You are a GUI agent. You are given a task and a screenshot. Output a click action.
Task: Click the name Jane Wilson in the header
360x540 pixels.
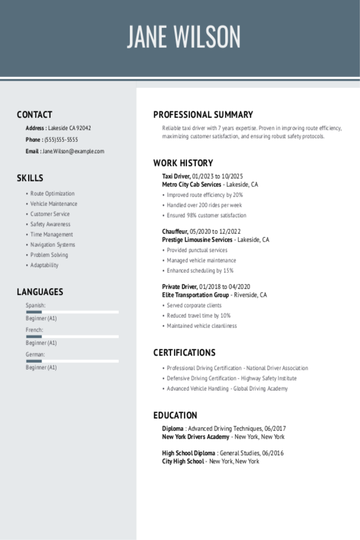pyautogui.click(x=184, y=37)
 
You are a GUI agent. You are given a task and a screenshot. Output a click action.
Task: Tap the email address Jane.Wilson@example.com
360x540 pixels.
pyautogui.click(x=73, y=151)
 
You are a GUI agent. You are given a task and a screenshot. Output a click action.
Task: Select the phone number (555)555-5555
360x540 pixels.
pyautogui.click(x=61, y=140)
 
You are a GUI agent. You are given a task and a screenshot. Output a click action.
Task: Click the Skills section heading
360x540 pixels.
pyautogui.click(x=30, y=178)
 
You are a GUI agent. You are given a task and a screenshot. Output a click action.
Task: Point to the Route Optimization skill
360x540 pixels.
pyautogui.click(x=52, y=194)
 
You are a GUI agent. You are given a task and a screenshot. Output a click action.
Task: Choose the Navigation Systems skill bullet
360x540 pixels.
pyautogui.click(x=53, y=245)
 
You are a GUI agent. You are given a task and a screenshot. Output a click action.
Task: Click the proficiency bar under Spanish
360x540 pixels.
pyautogui.click(x=72, y=312)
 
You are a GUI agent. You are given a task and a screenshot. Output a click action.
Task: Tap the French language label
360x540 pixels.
pyautogui.click(x=34, y=330)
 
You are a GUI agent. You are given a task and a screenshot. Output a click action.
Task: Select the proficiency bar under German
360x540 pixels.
pyautogui.click(x=72, y=361)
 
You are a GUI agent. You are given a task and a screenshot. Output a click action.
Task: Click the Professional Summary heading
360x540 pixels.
pyautogui.click(x=203, y=115)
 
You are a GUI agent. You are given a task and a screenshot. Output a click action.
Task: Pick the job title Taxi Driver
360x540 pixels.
pyautogui.click(x=176, y=176)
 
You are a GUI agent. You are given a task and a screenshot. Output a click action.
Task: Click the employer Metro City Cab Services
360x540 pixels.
pyautogui.click(x=192, y=185)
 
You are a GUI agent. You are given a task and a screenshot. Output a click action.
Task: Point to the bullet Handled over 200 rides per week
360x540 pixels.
pyautogui.click(x=204, y=205)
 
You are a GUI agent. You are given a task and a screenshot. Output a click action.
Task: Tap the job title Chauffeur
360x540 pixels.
pyautogui.click(x=175, y=232)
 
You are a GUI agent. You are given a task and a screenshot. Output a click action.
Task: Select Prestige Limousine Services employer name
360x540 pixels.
pyautogui.click(x=197, y=240)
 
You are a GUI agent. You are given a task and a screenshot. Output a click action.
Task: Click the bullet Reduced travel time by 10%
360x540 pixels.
pyautogui.click(x=199, y=316)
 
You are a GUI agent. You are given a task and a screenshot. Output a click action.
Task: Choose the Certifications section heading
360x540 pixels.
pyautogui.click(x=184, y=353)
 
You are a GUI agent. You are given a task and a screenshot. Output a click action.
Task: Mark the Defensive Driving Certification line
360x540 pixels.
pyautogui.click(x=232, y=378)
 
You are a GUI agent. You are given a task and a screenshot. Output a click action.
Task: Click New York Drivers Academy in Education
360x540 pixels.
pyautogui.click(x=196, y=437)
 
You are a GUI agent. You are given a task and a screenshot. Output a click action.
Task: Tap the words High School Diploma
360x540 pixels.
pyautogui.click(x=188, y=453)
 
